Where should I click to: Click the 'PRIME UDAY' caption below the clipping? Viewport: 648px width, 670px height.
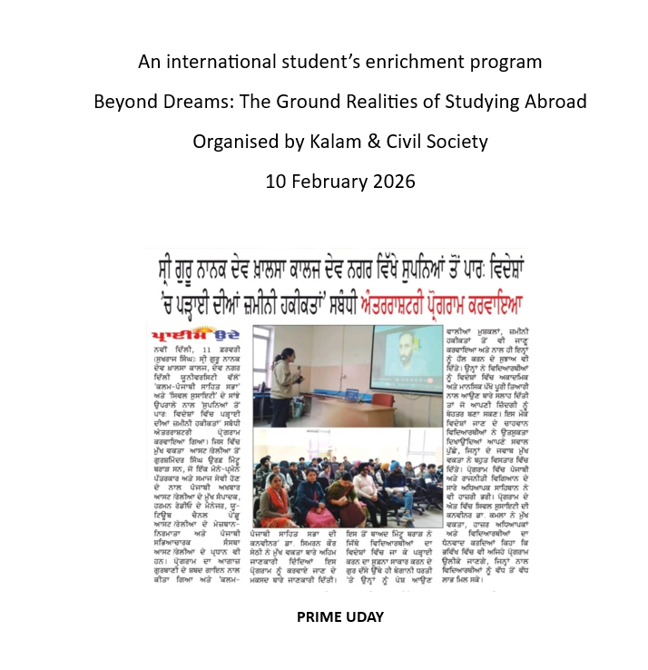pyautogui.click(x=340, y=617)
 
